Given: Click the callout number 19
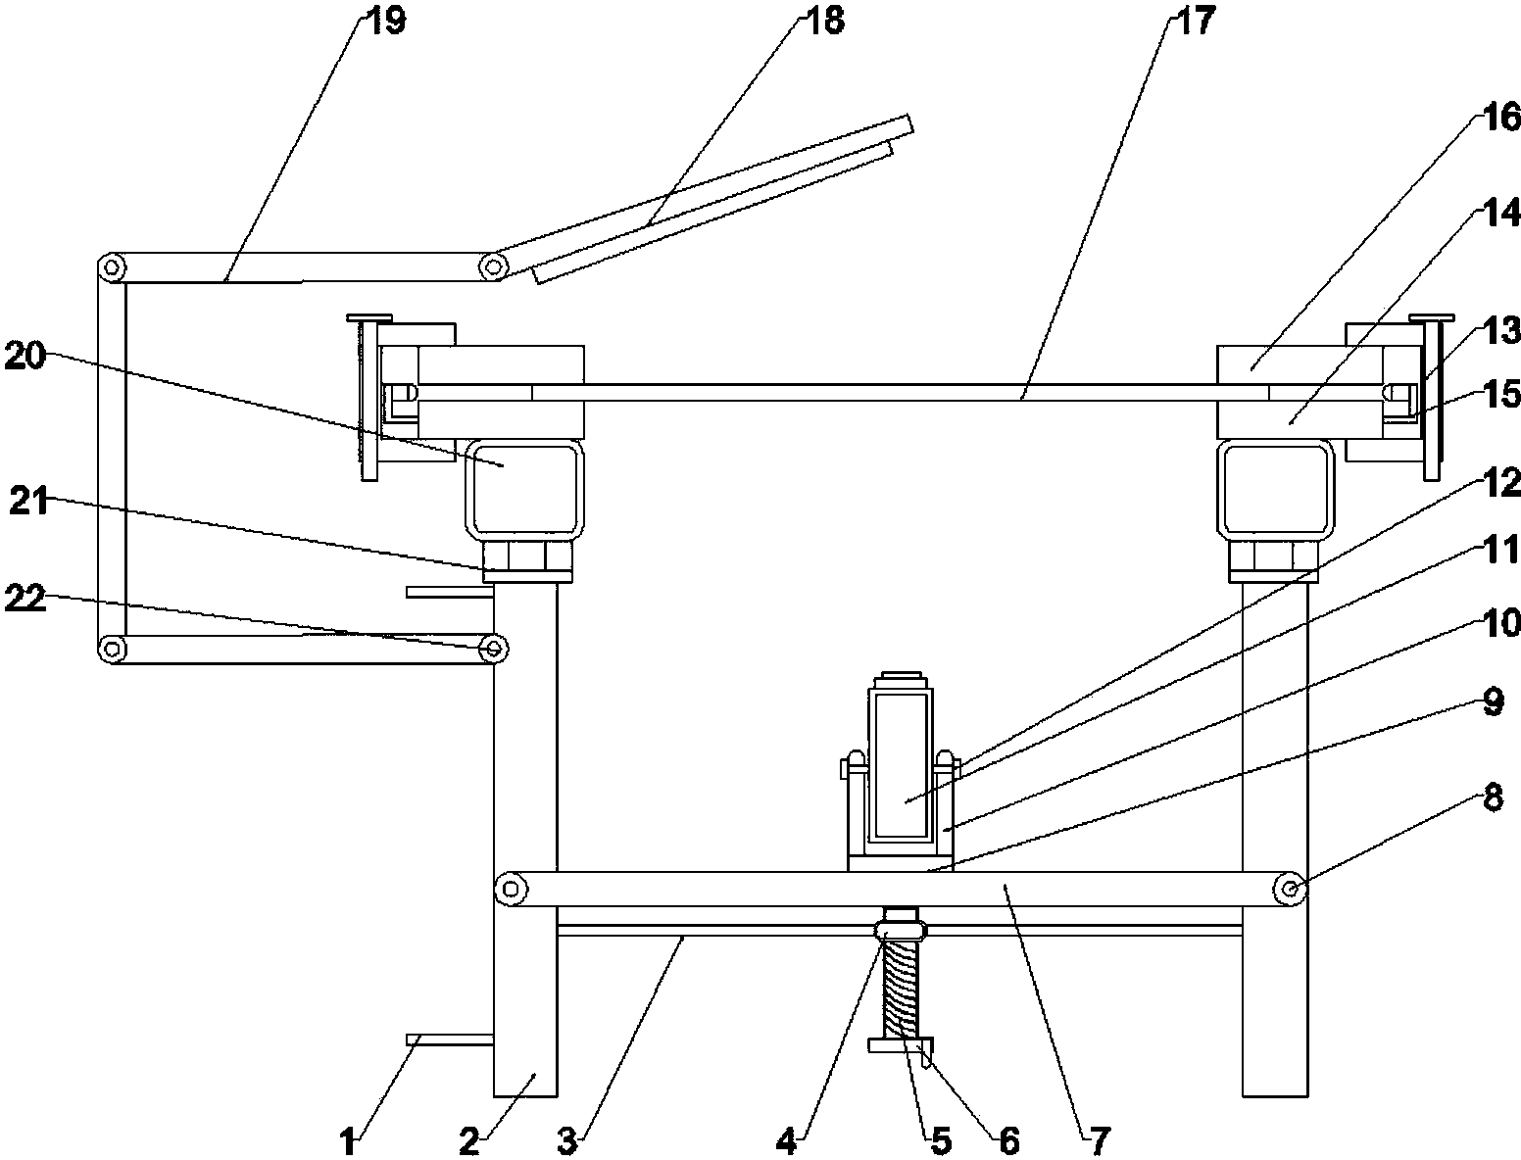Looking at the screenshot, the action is coord(386,20).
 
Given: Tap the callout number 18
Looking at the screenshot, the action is coord(824,20).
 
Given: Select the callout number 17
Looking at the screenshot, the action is coord(1195,20).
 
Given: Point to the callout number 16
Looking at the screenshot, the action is coord(1500,117).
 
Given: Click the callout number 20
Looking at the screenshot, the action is coord(25,358).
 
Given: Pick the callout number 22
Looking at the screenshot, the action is coord(25,598).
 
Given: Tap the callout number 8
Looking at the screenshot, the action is coord(1493,797).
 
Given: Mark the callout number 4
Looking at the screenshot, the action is coord(786,1141).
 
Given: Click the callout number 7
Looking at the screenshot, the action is coord(1100,1141).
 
